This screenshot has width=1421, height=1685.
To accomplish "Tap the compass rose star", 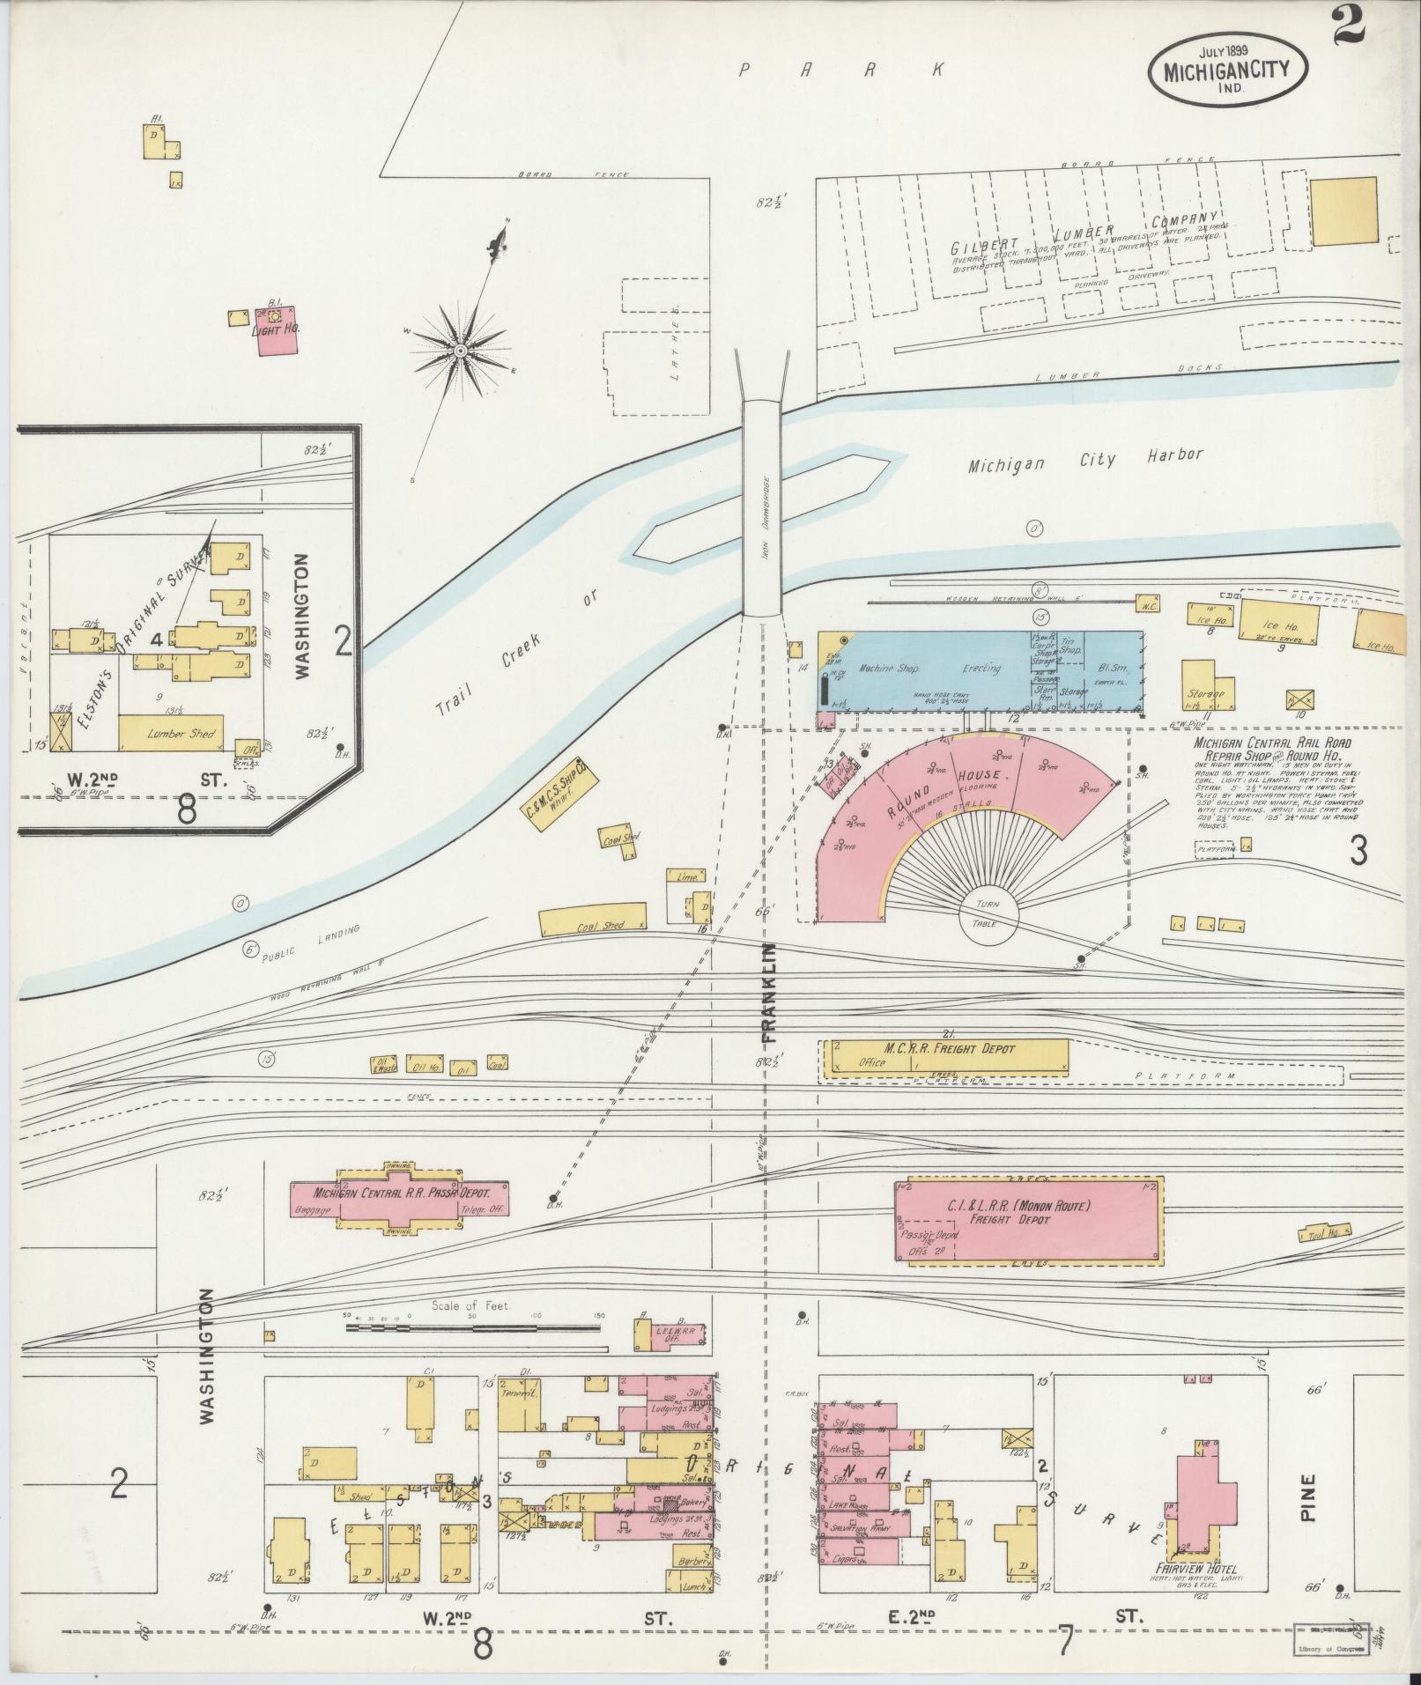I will [x=459, y=351].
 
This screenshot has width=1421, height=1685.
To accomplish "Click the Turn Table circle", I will [x=988, y=916].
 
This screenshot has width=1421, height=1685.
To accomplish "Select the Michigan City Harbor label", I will [x=1085, y=459].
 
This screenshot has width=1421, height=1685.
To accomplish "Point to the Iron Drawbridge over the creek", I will [x=761, y=509].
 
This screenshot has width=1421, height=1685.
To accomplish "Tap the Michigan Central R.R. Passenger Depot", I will [x=401, y=1198].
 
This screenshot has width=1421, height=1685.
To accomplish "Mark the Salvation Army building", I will [x=859, y=1529].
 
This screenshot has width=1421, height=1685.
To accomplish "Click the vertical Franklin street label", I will [x=769, y=994].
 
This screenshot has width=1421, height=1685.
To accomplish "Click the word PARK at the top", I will [x=844, y=70].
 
